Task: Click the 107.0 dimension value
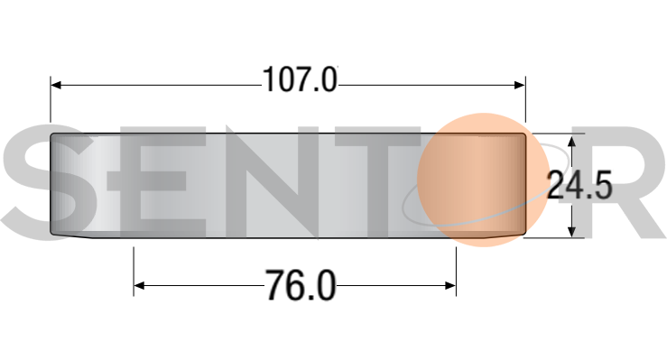pyautogui.click(x=300, y=79)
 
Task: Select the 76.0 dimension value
pyautogui.click(x=301, y=286)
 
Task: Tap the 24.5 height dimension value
pyautogui.click(x=579, y=185)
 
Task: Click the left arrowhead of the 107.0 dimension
pyautogui.click(x=56, y=86)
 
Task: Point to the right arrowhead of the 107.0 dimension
pyautogui.click(x=520, y=86)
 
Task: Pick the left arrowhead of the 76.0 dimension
pyautogui.click(x=139, y=286)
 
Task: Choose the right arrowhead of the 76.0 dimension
pyautogui.click(x=450, y=286)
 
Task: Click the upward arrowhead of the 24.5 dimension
pyautogui.click(x=571, y=142)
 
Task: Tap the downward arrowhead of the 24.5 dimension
pyautogui.click(x=571, y=231)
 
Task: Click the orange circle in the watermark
pyautogui.click(x=483, y=180)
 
